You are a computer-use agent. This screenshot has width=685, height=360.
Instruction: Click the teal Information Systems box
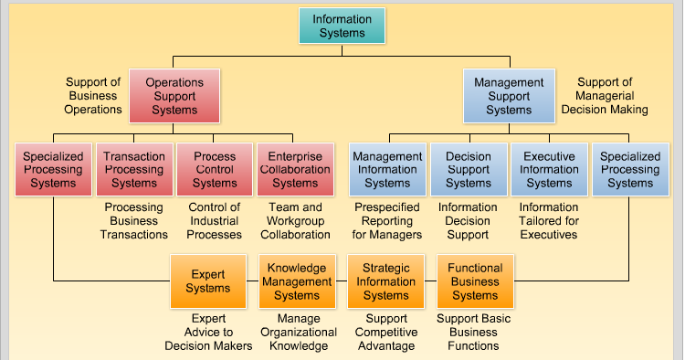[342, 26]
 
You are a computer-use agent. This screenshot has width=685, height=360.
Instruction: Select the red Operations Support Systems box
[174, 96]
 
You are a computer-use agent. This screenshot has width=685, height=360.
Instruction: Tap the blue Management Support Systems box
[509, 96]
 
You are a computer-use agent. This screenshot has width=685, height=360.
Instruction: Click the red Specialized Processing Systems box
[53, 169]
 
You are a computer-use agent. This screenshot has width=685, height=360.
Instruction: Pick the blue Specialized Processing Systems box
[630, 169]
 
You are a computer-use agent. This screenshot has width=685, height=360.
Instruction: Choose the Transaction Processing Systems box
[134, 169]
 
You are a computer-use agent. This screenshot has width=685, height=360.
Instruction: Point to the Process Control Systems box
[215, 169]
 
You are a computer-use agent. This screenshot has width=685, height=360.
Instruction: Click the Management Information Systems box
[387, 169]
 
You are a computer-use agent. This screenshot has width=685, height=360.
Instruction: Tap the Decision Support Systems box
[468, 169]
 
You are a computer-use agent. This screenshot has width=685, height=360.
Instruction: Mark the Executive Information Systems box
[549, 169]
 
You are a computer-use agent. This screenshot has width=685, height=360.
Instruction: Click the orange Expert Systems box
[208, 281]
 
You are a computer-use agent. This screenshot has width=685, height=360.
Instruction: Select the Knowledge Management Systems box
[297, 281]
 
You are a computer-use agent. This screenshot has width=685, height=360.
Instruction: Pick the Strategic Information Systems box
[386, 281]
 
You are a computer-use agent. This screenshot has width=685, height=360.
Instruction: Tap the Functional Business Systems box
[475, 281]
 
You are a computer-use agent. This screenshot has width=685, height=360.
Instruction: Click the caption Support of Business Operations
[93, 96]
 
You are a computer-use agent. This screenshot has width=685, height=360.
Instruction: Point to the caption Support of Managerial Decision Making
[605, 96]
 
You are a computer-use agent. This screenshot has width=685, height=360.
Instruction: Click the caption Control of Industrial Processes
[215, 221]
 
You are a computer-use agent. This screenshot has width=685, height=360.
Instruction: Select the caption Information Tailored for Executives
[549, 221]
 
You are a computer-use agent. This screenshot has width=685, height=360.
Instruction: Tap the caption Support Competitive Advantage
[386, 333]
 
